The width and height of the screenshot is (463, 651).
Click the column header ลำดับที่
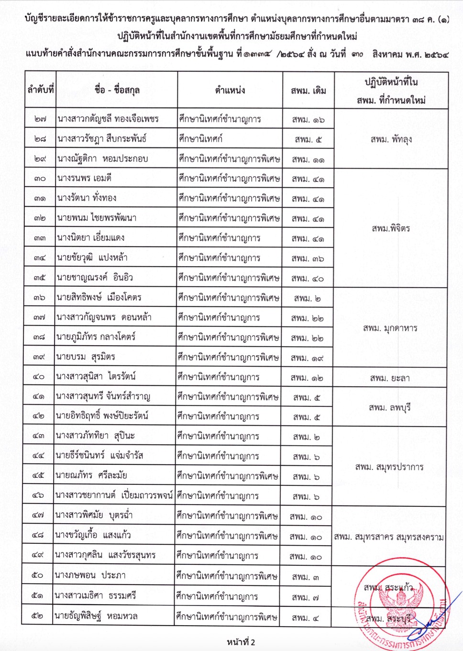41,90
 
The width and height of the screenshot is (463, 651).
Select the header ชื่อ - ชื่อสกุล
117,90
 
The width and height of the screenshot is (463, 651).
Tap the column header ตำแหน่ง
230,90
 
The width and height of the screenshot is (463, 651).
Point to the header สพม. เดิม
309,90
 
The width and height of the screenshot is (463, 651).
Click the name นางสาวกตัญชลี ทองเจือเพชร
108,119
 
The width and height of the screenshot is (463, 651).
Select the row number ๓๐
40,178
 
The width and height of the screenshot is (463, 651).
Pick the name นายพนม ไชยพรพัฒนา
97,218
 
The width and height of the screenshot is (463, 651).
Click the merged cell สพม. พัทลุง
391,139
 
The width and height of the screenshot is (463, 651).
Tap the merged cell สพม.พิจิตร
391,228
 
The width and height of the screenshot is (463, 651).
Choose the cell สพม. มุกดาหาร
390,328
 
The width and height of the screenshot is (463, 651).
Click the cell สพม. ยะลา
390,378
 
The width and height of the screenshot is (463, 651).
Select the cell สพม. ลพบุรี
390,407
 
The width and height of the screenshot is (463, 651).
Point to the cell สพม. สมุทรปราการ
389,467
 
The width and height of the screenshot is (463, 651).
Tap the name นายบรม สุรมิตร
86,357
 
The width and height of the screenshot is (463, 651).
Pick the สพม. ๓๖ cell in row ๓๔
308,258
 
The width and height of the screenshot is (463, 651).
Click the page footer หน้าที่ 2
241,642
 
